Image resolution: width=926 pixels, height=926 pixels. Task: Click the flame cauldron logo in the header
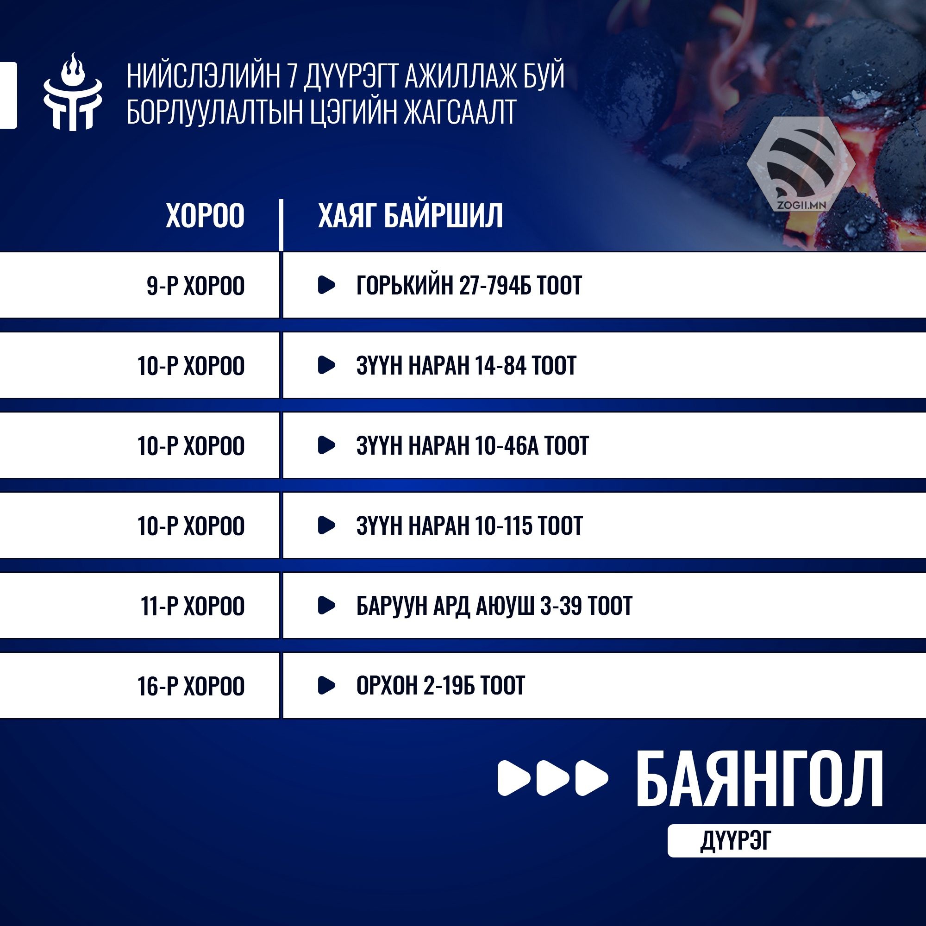point(73,92)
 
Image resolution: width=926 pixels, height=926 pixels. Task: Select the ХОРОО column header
point(205,215)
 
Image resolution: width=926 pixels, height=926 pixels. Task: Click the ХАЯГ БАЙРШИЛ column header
point(411,215)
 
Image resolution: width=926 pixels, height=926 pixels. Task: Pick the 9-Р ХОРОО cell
point(195,286)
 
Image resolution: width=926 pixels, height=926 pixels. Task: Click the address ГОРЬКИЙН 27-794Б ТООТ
point(469,285)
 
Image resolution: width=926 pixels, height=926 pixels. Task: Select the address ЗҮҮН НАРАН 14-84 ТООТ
point(466,365)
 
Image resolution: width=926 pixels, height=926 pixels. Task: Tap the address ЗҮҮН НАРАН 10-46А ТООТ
point(472,445)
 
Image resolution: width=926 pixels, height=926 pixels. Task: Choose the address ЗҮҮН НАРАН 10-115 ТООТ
point(469,526)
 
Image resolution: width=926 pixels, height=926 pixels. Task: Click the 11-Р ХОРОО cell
point(192,606)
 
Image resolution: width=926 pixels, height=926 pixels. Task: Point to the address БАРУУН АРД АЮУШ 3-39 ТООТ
point(494,605)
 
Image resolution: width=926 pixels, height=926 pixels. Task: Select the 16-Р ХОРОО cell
point(191,686)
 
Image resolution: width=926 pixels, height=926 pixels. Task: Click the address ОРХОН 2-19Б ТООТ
point(440,685)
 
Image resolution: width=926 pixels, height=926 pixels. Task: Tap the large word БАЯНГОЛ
point(759,779)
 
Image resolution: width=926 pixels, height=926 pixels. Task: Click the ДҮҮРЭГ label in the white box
point(736,840)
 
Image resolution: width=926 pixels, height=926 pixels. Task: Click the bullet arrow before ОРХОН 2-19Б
point(326,685)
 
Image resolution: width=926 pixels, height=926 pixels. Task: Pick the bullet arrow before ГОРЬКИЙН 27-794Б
point(326,285)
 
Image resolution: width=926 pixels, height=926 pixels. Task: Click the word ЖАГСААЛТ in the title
point(460,112)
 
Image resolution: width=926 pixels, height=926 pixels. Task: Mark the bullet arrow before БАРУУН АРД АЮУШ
point(326,605)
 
